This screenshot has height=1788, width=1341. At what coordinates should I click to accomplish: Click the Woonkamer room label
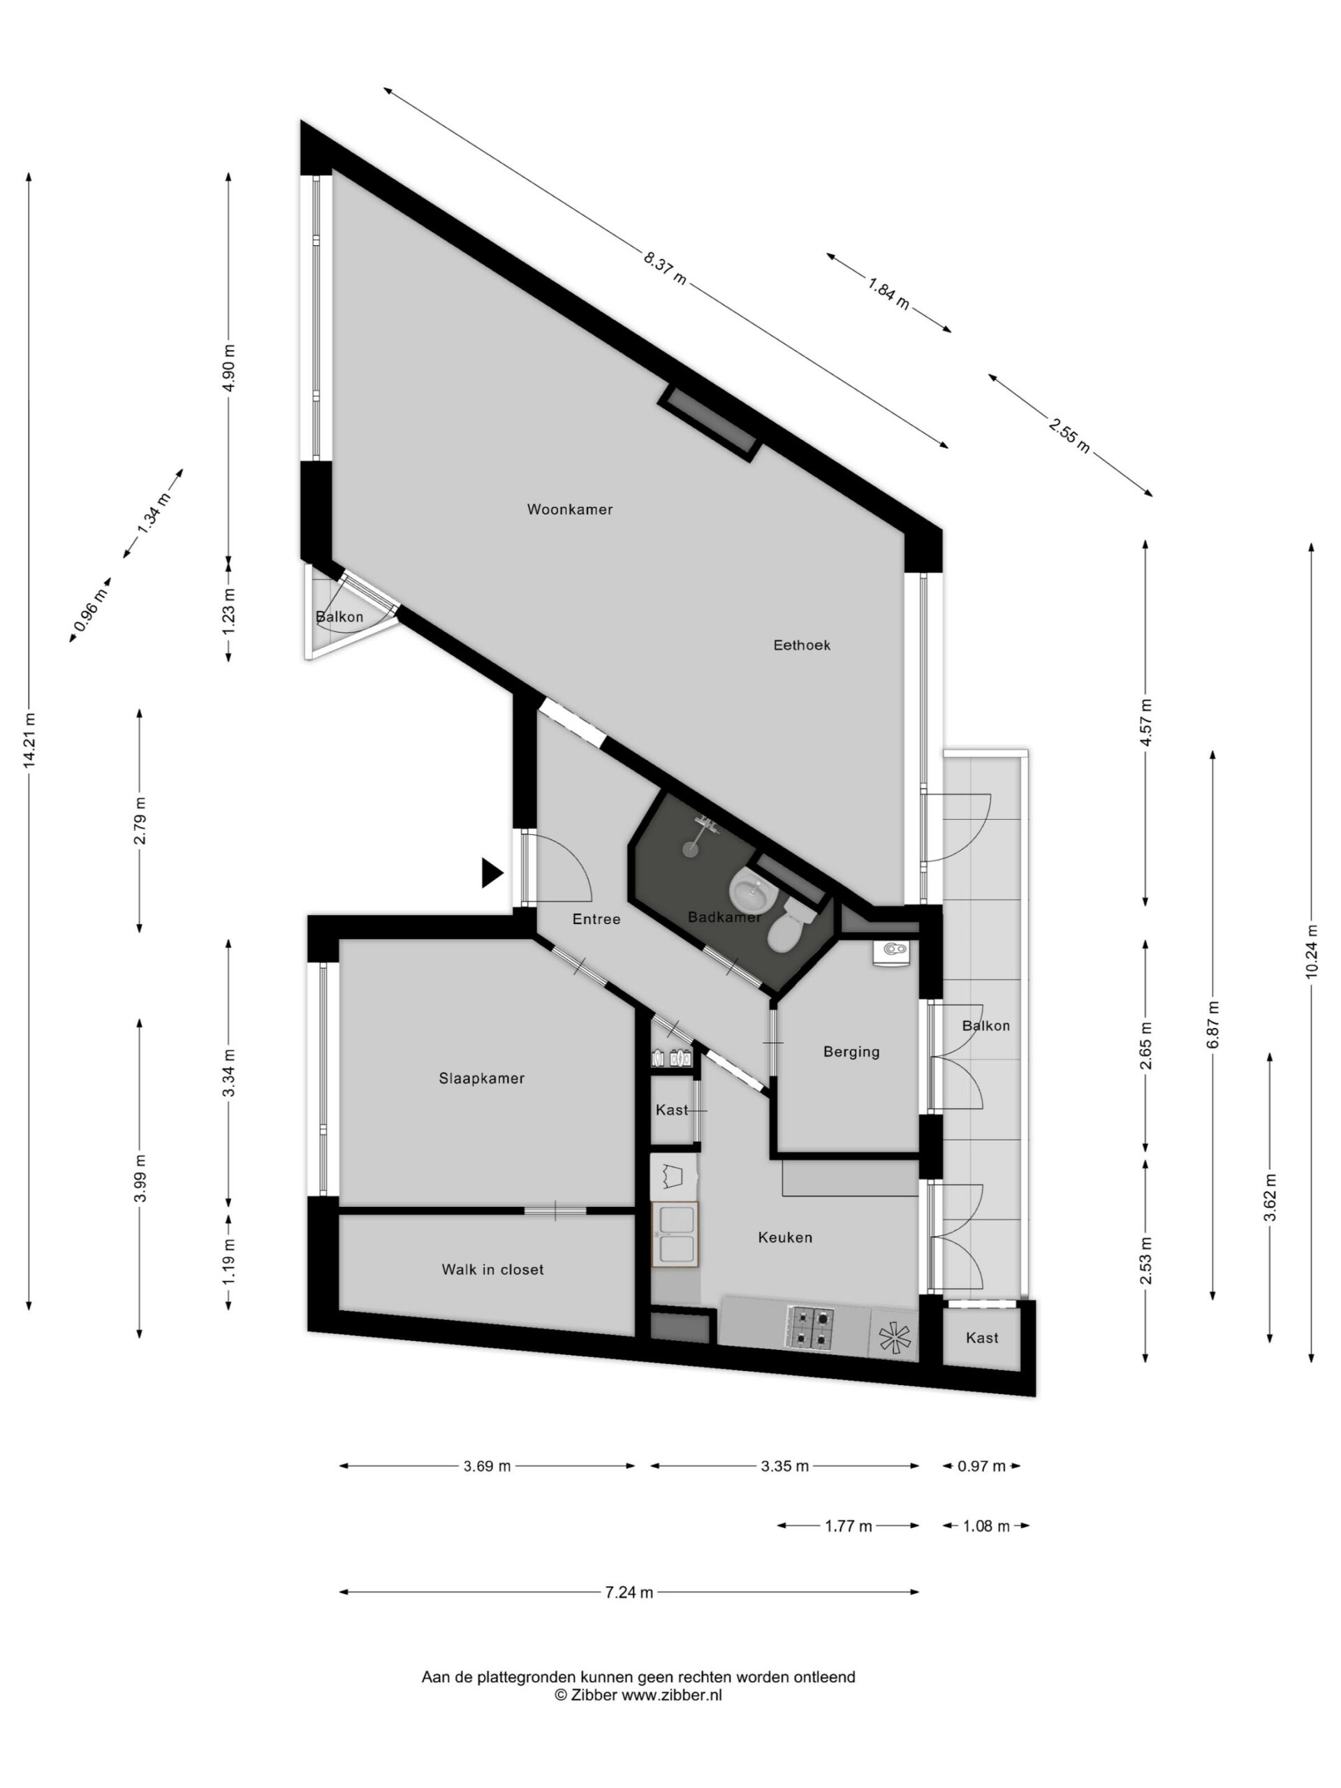pyautogui.click(x=569, y=509)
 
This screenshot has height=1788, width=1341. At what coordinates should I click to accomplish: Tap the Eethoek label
pyautogui.click(x=801, y=645)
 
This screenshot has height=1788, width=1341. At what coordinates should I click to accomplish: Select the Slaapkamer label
pyautogui.click(x=481, y=1078)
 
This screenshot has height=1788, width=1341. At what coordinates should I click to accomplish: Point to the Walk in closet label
pyautogui.click(x=492, y=1270)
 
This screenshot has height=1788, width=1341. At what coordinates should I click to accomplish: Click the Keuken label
pyautogui.click(x=784, y=1238)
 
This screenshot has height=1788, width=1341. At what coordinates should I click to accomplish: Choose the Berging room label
pyautogui.click(x=851, y=1052)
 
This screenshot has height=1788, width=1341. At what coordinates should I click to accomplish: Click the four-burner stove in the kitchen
pyautogui.click(x=810, y=1327)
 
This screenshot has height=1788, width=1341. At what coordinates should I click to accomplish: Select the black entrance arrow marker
pyautogui.click(x=492, y=873)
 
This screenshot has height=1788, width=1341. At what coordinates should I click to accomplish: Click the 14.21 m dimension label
pyautogui.click(x=30, y=740)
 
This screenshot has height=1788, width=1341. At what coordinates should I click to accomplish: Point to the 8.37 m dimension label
pyautogui.click(x=664, y=268)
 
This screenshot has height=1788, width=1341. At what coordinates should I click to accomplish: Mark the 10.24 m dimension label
pyautogui.click(x=1310, y=951)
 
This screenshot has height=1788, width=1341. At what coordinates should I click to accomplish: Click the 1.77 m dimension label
pyautogui.click(x=848, y=1526)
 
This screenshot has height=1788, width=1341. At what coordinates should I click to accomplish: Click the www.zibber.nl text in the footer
pyautogui.click(x=671, y=1695)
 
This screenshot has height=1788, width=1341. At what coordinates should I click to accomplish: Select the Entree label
pyautogui.click(x=596, y=919)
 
